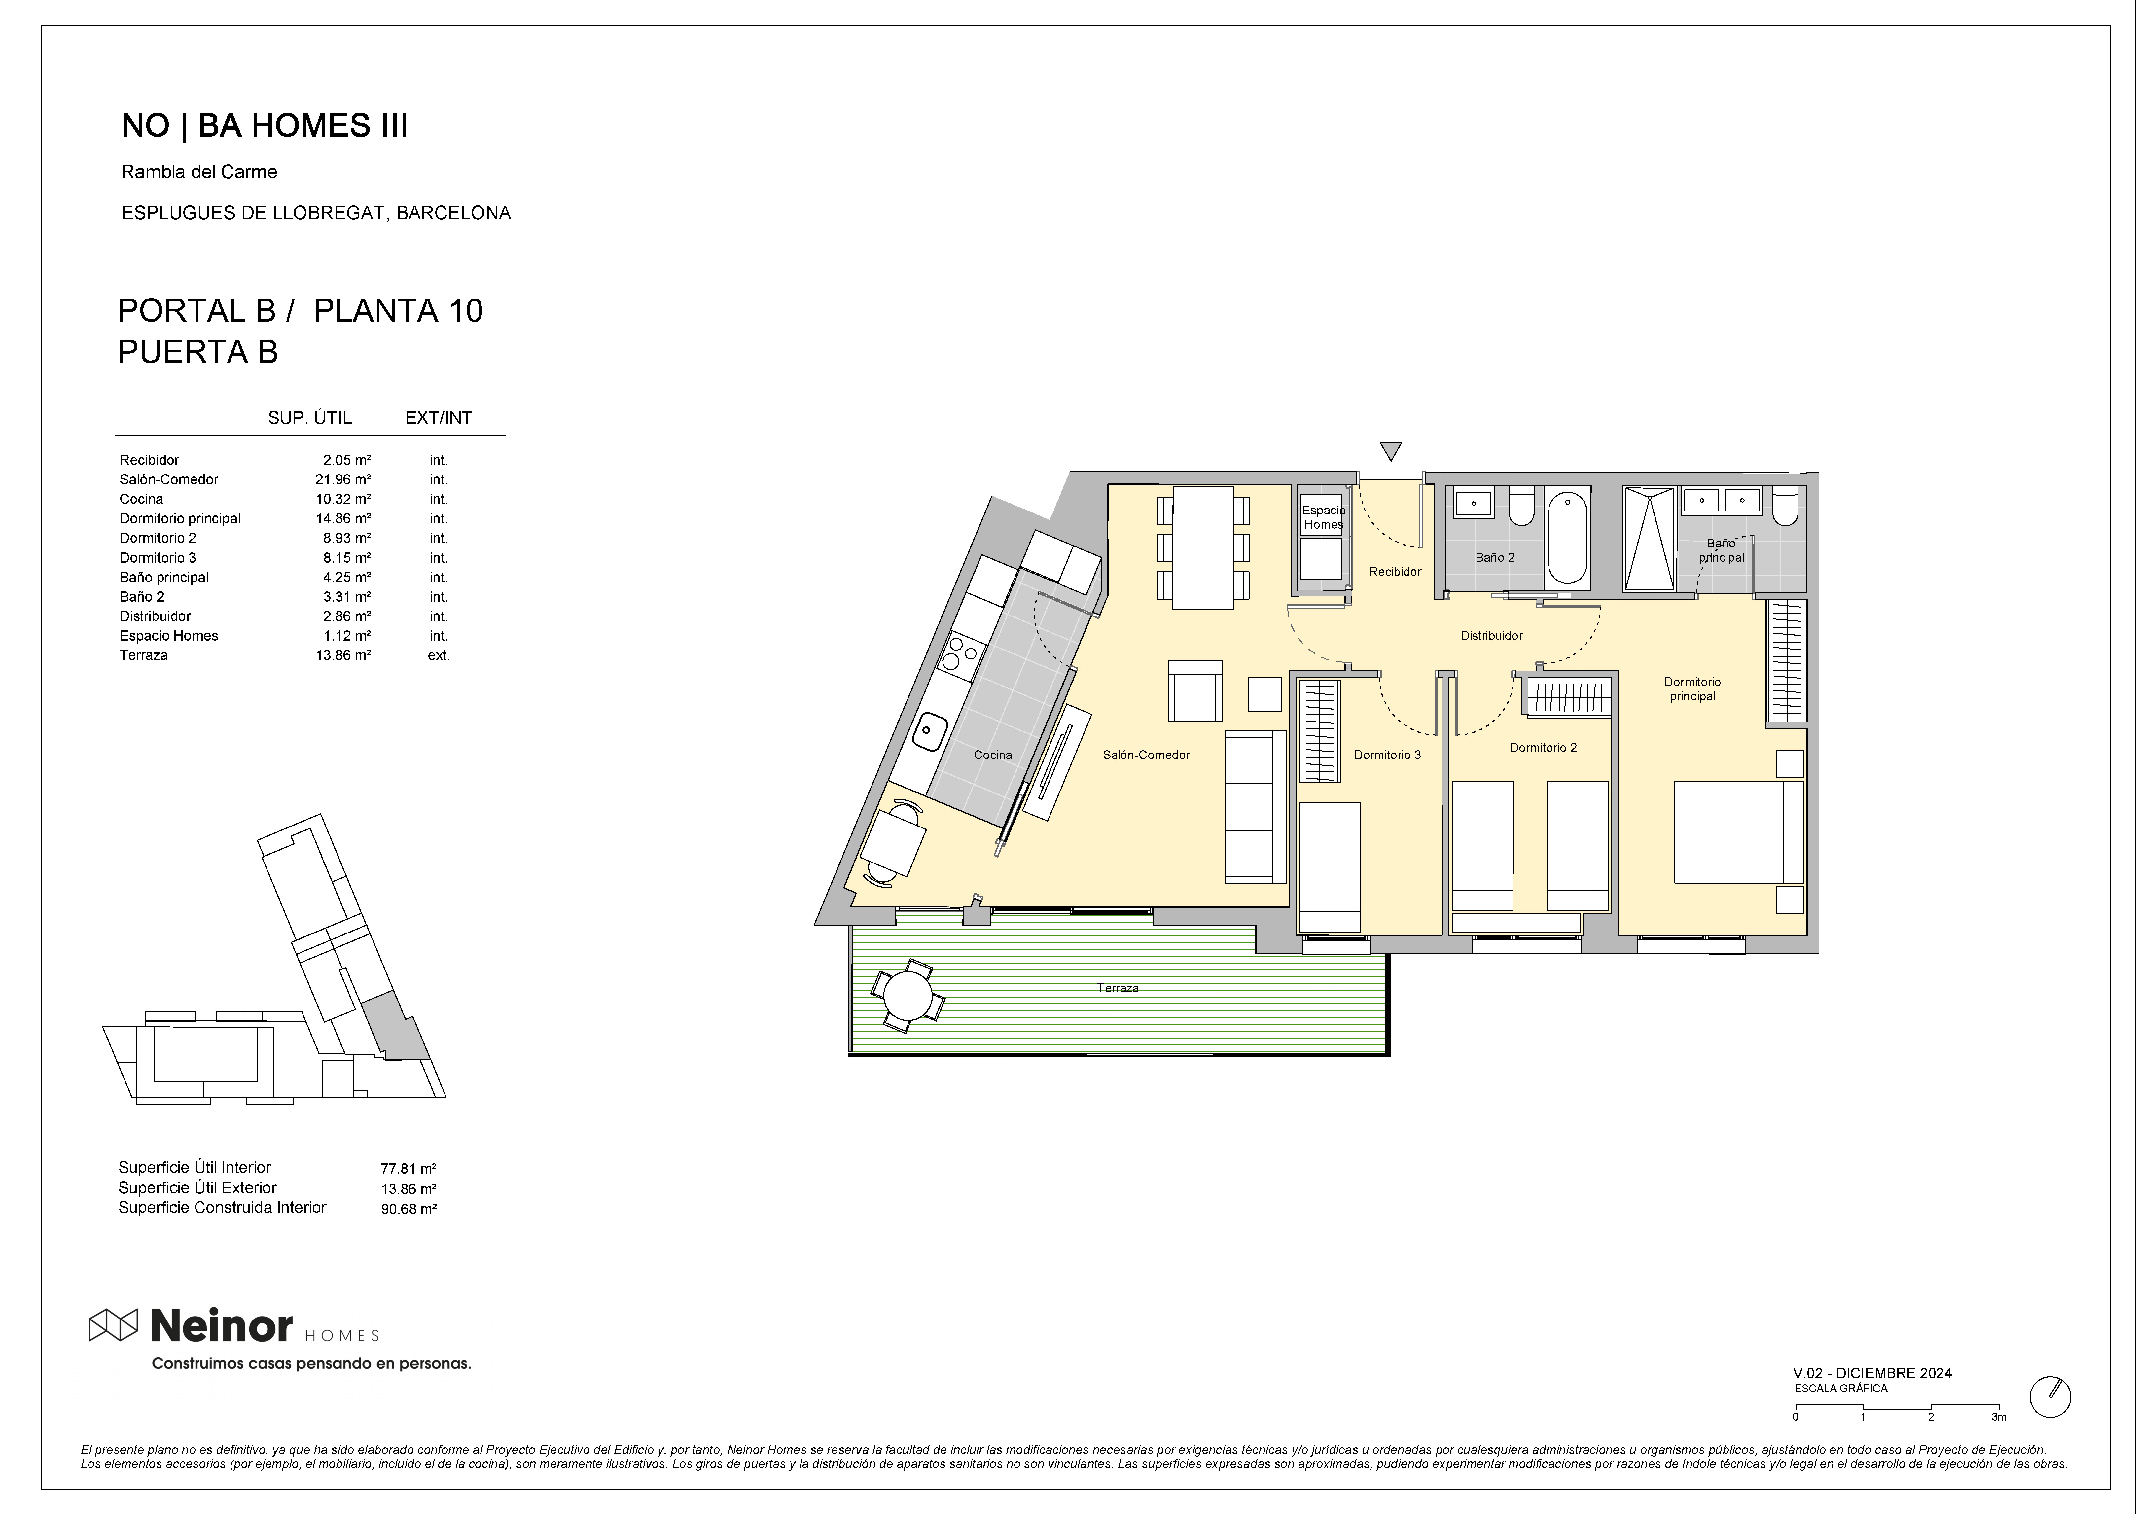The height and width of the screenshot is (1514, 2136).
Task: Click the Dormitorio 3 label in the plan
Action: point(1387,755)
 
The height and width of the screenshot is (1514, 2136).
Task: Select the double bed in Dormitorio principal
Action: point(1739,831)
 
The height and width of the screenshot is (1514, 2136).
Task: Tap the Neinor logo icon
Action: point(113,1325)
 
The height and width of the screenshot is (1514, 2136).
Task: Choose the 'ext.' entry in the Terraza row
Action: point(438,655)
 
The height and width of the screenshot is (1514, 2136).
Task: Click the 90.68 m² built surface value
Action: point(409,1209)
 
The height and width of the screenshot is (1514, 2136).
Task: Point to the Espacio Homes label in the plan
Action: point(1323,517)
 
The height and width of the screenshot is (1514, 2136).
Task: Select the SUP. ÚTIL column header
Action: point(309,418)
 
